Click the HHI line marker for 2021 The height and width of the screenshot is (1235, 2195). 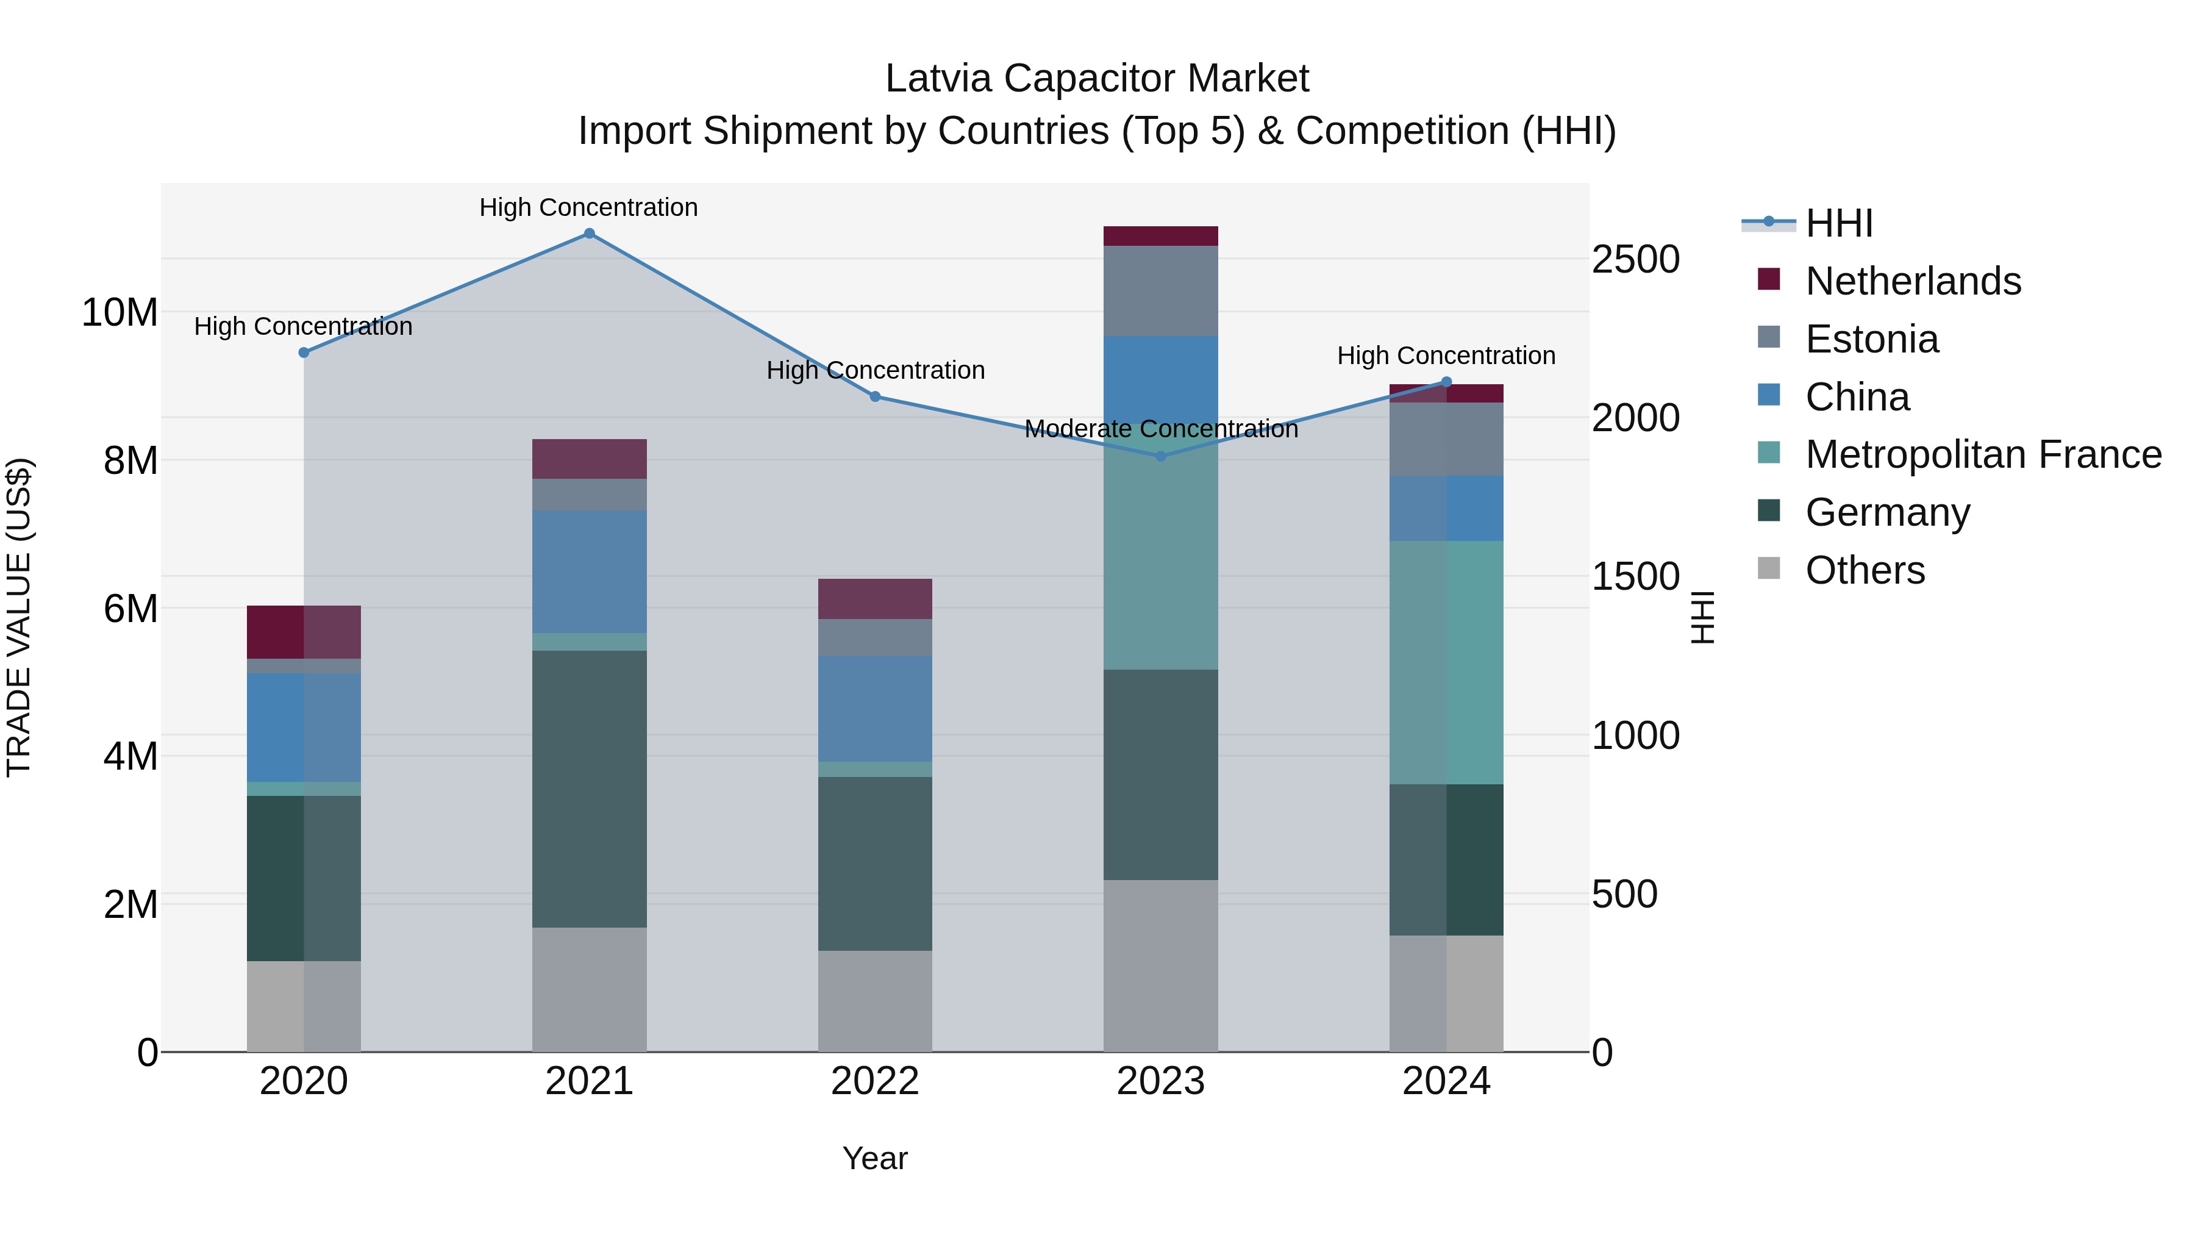589,234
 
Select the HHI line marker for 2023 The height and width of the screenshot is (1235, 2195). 1160,456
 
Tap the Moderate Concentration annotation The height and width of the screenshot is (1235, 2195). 1160,429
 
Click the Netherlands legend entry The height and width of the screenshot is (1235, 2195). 1912,281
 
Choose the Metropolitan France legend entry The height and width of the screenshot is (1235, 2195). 1983,454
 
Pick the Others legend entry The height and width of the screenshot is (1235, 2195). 1865,570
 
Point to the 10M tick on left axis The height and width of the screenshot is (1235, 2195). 120,313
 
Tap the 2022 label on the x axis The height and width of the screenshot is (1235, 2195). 874,1081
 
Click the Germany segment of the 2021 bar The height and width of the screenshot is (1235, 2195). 589,789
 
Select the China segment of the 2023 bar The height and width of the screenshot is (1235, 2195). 1160,379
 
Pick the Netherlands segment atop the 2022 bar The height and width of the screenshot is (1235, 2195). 874,598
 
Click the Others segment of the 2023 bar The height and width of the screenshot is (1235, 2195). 1160,965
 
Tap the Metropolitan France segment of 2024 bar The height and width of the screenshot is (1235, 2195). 1446,662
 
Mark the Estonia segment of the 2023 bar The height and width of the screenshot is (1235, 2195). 1160,291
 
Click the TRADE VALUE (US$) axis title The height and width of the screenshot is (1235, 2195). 19,617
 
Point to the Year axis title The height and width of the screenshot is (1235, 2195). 874,1158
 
